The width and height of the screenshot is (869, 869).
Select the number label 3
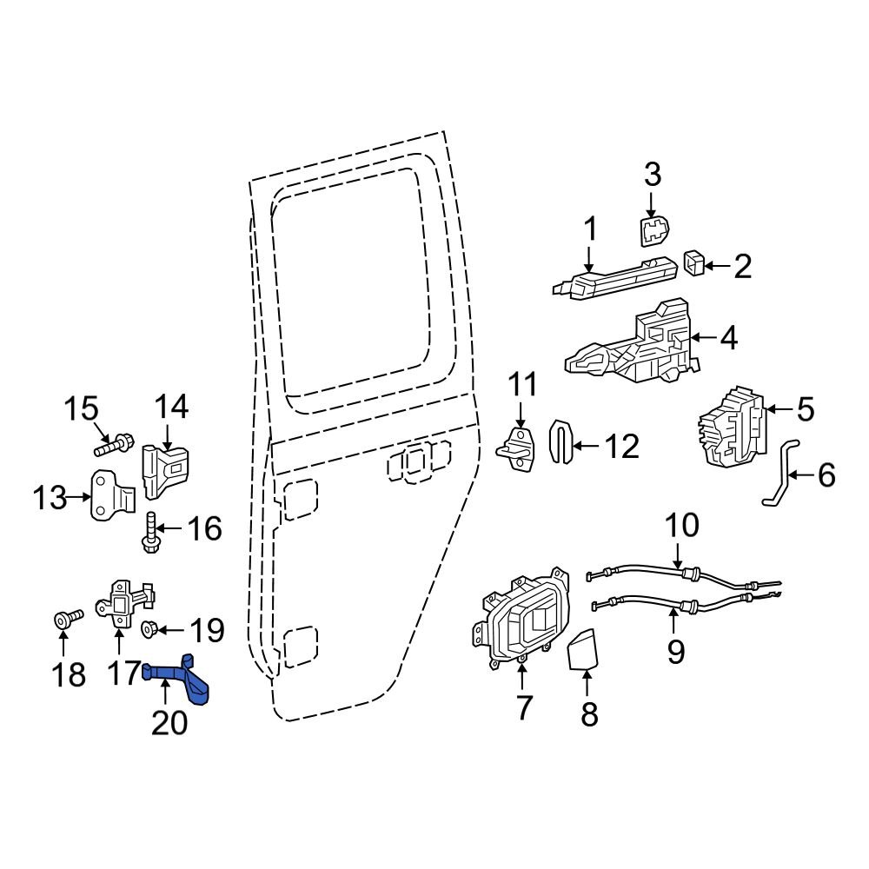coord(652,174)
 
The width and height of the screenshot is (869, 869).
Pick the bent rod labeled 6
coord(779,474)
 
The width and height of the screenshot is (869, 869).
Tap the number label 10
coord(681,527)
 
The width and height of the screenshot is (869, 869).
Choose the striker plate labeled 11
coord(521,448)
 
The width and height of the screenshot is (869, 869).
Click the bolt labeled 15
coord(109,447)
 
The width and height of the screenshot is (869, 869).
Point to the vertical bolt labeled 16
coord(149,532)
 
